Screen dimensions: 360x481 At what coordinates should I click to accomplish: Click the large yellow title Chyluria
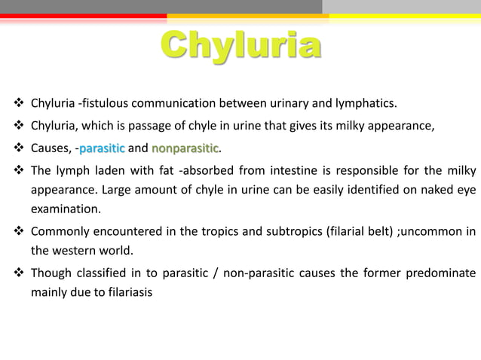[240, 46]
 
